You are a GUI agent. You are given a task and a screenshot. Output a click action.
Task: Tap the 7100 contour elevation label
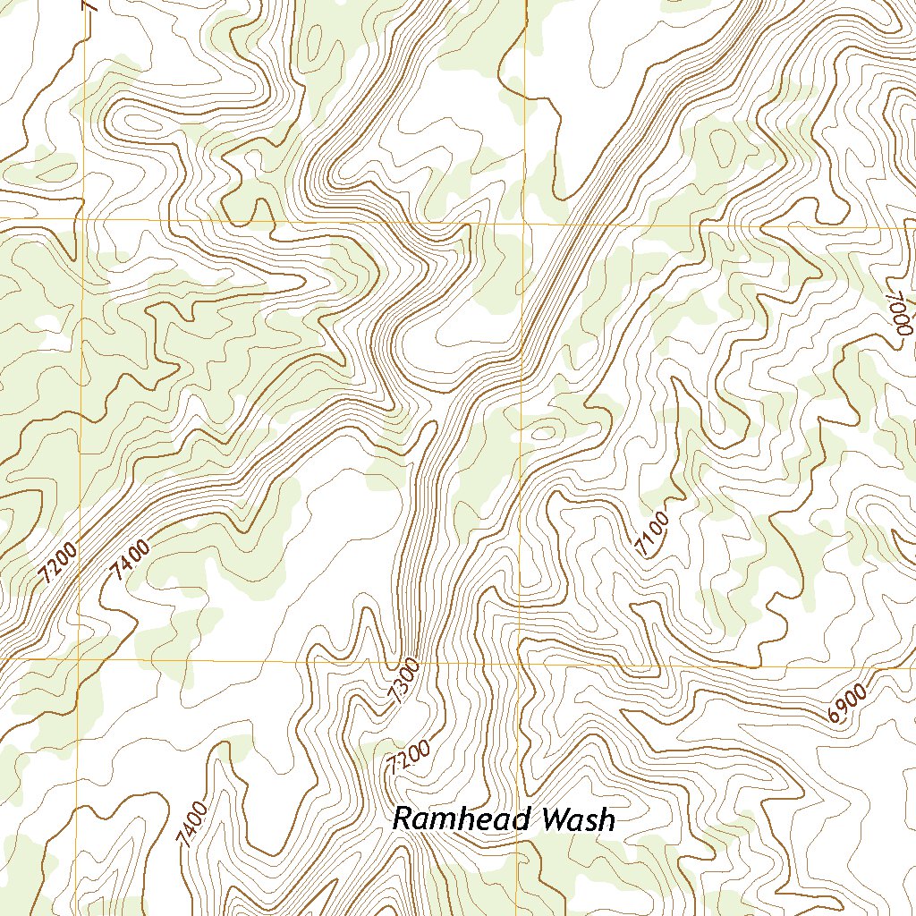tap(653, 533)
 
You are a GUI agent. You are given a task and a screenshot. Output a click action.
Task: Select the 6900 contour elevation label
tap(847, 702)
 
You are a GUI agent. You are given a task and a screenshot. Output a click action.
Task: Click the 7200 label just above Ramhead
tap(411, 758)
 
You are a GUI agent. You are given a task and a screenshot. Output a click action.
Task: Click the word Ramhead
tap(456, 818)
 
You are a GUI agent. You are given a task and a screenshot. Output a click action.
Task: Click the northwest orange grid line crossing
tap(82, 218)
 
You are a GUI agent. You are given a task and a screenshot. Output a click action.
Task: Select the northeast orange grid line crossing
tap(523, 224)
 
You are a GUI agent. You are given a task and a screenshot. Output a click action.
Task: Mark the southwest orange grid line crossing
tap(79, 659)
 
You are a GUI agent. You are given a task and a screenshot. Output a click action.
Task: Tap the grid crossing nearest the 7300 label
tap(520, 664)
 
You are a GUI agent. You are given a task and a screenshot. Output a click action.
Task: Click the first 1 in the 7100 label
tap(647, 541)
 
